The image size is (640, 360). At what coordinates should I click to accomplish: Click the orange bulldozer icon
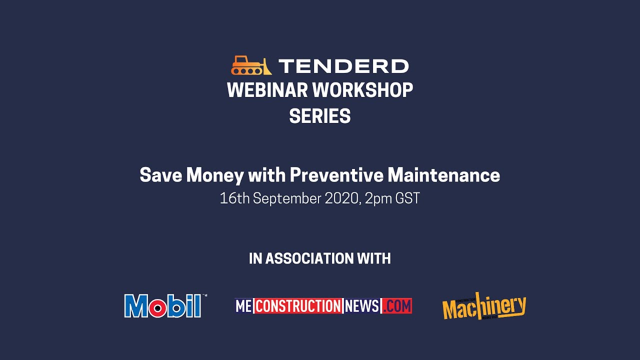251,65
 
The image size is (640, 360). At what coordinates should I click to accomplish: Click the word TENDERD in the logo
343,66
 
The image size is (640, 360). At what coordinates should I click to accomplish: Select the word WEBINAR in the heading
267,90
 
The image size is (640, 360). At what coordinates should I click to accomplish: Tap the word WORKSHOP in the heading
363,90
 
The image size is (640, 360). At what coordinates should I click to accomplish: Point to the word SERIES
320,116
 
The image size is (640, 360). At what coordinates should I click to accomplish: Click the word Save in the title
160,175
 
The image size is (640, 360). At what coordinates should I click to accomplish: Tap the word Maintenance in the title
444,175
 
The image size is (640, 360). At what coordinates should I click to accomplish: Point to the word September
287,199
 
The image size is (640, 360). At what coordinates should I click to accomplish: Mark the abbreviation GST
407,198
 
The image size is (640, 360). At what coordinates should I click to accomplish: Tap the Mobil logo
163,305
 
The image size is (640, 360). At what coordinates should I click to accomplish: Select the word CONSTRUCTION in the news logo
297,306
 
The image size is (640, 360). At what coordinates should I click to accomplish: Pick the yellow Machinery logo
484,306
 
